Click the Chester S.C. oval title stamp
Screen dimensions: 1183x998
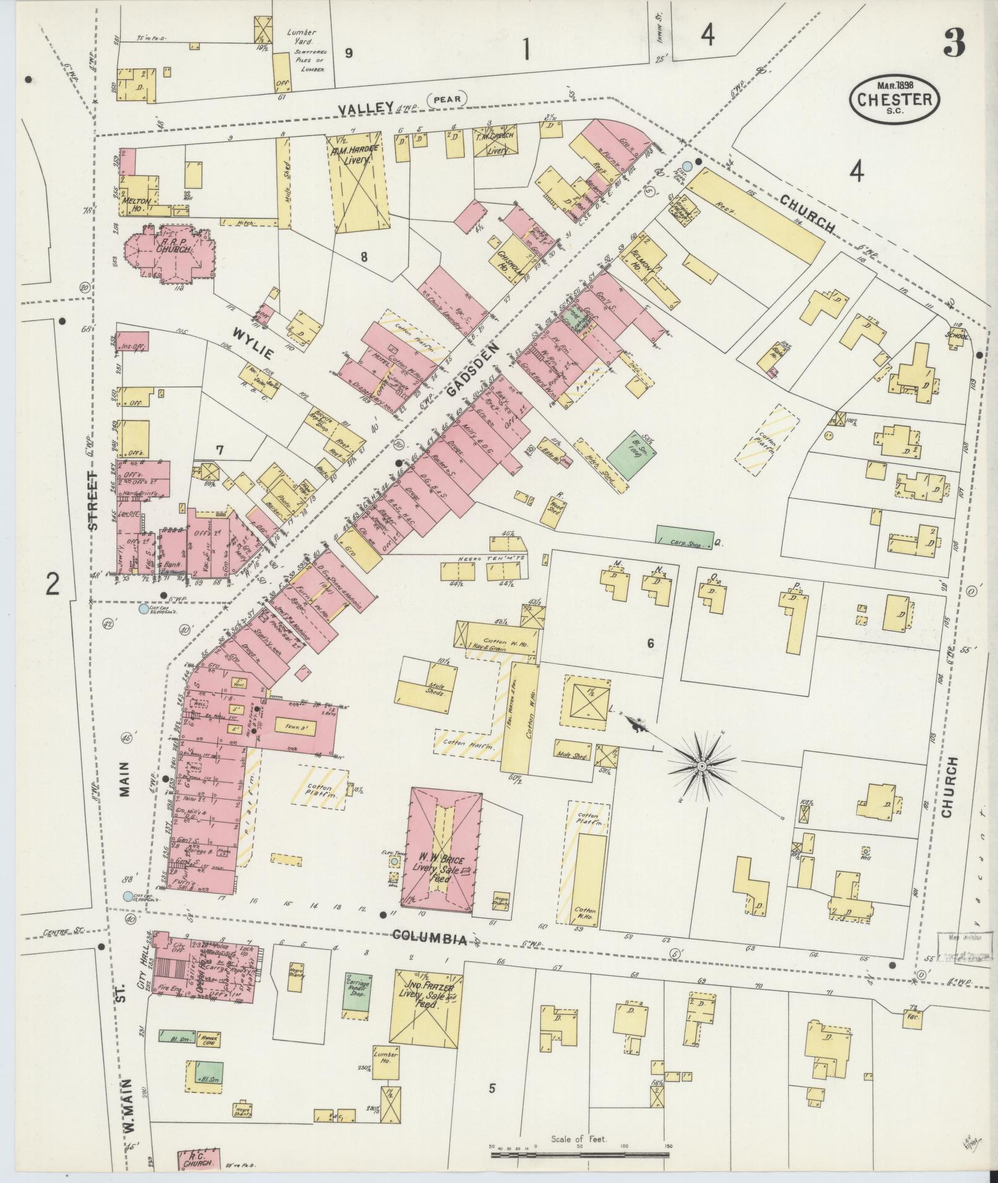(895, 98)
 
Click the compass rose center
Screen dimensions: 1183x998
(702, 767)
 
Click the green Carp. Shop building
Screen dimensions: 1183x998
(684, 537)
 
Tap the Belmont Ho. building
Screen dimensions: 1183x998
(645, 258)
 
